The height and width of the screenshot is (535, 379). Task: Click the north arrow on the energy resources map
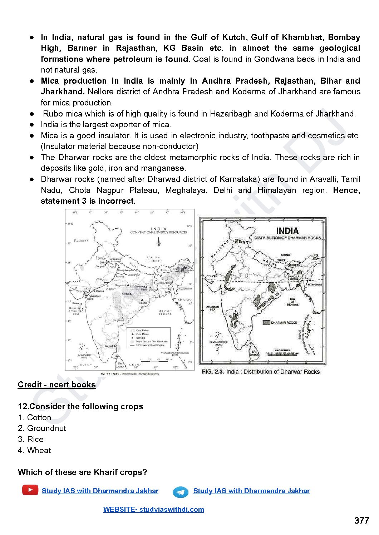pyautogui.click(x=158, y=242)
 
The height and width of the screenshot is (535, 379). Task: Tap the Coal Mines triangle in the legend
pyautogui.click(x=133, y=334)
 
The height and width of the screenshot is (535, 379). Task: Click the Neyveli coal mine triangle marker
pyautogui.click(x=115, y=346)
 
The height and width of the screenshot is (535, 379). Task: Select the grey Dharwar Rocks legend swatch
pyautogui.click(x=266, y=322)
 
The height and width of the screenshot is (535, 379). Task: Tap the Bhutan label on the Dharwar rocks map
pyautogui.click(x=294, y=265)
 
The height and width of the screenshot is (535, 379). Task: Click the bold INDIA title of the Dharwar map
pyautogui.click(x=287, y=231)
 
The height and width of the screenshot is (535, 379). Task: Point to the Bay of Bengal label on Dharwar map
pyautogui.click(x=292, y=302)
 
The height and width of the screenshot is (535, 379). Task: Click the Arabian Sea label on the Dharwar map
pyautogui.click(x=212, y=308)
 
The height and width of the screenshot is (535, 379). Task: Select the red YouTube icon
pyautogui.click(x=30, y=490)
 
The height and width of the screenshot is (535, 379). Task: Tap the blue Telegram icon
pyautogui.click(x=181, y=492)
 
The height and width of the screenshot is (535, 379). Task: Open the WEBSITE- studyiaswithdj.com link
pyautogui.click(x=153, y=509)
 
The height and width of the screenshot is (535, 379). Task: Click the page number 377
pyautogui.click(x=361, y=520)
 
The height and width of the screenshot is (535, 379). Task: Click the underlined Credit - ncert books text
pyautogui.click(x=57, y=385)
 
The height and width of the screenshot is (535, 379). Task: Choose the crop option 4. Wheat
pyautogui.click(x=34, y=450)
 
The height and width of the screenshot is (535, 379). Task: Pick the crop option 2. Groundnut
pyautogui.click(x=42, y=428)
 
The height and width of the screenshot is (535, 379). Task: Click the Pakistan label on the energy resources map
pyautogui.click(x=81, y=241)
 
